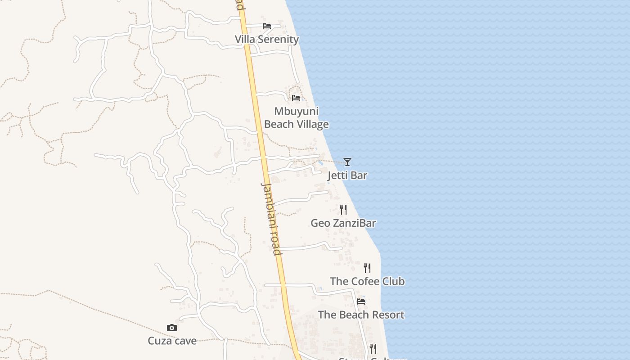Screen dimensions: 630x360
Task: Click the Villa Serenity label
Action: click(267, 40)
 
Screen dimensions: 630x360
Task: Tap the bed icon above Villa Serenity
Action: click(267, 26)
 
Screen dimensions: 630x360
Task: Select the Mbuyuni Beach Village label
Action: click(296, 118)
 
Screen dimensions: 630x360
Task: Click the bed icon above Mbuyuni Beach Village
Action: click(296, 98)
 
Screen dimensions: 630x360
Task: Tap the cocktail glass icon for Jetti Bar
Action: click(347, 162)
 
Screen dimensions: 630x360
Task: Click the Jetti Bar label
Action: click(347, 175)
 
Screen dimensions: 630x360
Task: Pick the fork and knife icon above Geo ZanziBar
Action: click(343, 209)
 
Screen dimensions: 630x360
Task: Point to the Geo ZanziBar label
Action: click(343, 223)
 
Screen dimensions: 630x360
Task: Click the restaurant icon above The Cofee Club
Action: click(367, 268)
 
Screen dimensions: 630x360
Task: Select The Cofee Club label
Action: click(367, 282)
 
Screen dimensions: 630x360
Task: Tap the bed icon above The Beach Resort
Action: click(361, 301)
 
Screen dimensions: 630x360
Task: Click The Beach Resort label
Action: click(361, 315)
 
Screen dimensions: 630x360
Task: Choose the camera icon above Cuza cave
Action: click(172, 328)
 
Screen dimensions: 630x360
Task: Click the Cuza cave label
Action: click(172, 341)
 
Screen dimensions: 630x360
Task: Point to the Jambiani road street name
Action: click(271, 219)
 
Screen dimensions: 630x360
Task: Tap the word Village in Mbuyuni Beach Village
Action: click(313, 124)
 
